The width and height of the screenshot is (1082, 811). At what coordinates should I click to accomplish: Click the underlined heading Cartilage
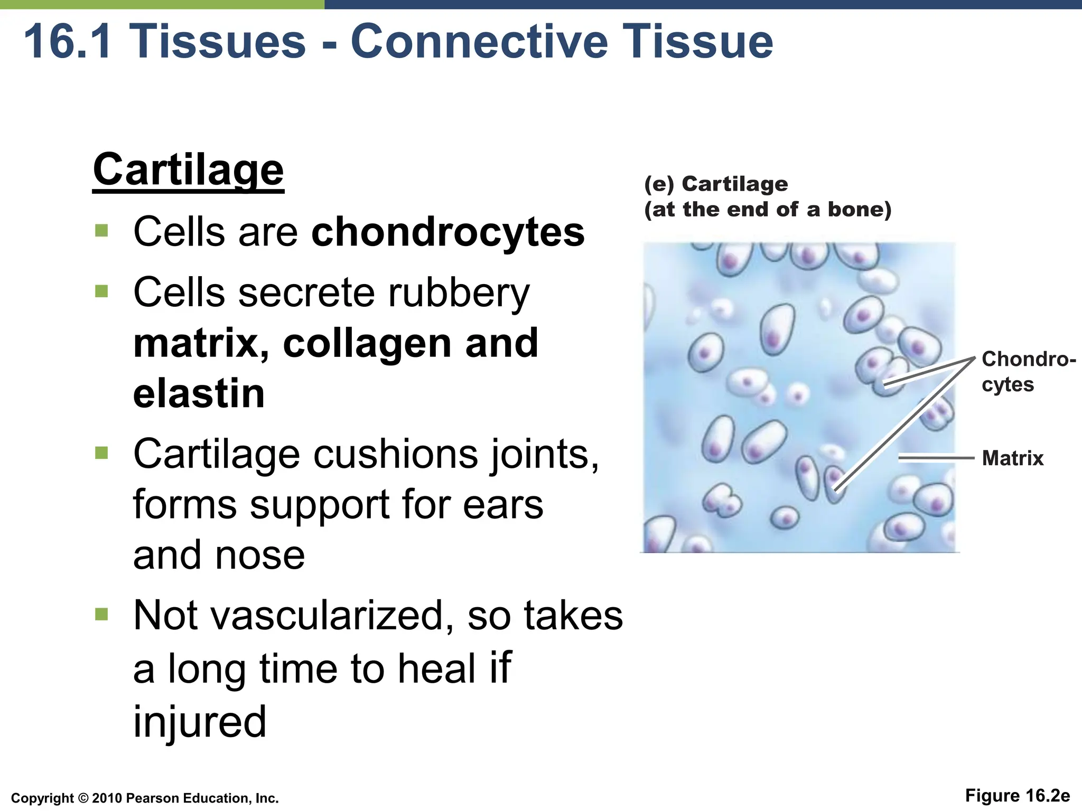(x=188, y=170)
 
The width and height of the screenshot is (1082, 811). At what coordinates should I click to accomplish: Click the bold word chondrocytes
(x=448, y=232)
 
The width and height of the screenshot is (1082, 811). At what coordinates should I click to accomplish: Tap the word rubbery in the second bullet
(x=458, y=294)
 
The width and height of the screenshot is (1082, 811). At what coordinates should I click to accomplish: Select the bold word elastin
(x=199, y=394)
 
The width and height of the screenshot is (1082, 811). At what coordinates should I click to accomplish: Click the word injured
(x=200, y=722)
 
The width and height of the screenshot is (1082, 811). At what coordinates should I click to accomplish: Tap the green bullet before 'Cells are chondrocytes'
(x=101, y=231)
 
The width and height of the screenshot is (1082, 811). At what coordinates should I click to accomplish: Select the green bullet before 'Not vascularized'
(x=101, y=614)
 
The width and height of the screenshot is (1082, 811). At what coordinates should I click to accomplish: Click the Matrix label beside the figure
(x=1012, y=458)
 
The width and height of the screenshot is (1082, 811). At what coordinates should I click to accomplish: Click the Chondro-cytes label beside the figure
(x=1027, y=372)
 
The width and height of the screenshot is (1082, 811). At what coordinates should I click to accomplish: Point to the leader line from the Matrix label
(x=935, y=458)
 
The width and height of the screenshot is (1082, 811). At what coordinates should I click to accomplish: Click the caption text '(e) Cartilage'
(x=716, y=184)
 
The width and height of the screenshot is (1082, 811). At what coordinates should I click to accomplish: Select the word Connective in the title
(x=479, y=42)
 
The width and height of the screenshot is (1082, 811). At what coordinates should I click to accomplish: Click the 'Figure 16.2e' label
(x=1017, y=796)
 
